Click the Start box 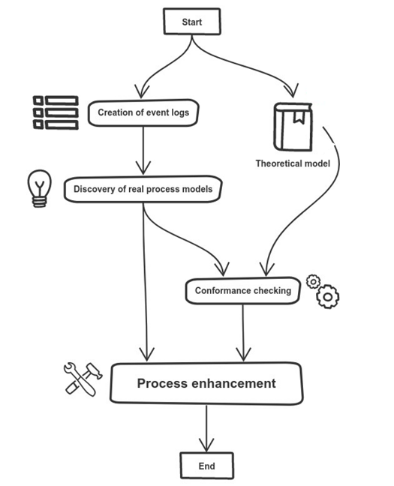(192, 22)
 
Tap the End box (206, 466)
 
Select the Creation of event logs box (143, 112)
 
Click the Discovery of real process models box (143, 189)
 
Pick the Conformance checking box (243, 291)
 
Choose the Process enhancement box (206, 383)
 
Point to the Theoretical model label (293, 163)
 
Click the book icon (293, 127)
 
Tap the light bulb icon (39, 188)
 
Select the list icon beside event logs (56, 112)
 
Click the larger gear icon (328, 296)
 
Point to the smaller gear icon (313, 281)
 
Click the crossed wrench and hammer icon (83, 379)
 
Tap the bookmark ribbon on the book (299, 117)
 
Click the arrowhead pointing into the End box (206, 445)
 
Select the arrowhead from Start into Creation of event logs (142, 91)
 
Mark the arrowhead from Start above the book (292, 90)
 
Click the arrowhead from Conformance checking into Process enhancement (244, 354)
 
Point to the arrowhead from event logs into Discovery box (143, 168)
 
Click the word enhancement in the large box (233, 383)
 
